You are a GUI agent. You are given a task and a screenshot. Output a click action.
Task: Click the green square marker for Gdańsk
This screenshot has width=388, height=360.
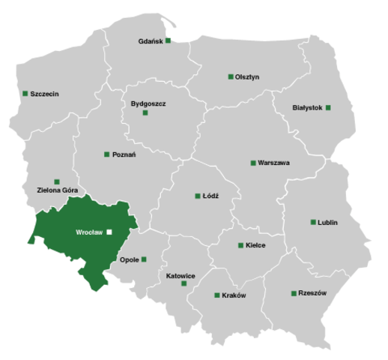pyautogui.click(x=169, y=40)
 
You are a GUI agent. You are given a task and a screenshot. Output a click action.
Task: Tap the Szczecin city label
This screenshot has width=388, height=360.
pyautogui.click(x=45, y=94)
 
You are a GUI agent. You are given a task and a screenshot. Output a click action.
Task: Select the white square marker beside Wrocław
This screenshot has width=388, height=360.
pyautogui.click(x=109, y=232)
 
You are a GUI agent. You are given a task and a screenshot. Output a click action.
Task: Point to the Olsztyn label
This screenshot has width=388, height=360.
pyautogui.click(x=247, y=76)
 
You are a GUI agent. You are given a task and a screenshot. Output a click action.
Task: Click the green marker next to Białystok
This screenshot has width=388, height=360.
pyautogui.click(x=328, y=108)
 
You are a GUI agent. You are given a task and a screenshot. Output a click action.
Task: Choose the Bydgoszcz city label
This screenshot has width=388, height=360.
pyautogui.click(x=148, y=102)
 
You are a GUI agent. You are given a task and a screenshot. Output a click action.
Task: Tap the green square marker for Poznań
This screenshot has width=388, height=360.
pyautogui.click(x=106, y=154)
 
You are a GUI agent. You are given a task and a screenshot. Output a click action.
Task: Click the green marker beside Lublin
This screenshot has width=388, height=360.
pyautogui.click(x=312, y=222)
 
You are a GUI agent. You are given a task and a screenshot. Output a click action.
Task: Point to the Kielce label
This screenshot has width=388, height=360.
pyautogui.click(x=255, y=245)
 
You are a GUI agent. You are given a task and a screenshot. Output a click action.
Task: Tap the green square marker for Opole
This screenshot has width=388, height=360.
pyautogui.click(x=144, y=259)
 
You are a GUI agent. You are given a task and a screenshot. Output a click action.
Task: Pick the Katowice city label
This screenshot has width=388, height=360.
pyautogui.click(x=181, y=275)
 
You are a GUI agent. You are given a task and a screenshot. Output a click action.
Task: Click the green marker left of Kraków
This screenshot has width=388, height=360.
pyautogui.click(x=216, y=295)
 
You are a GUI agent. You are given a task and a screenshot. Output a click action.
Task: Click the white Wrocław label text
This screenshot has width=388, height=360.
pyautogui.click(x=89, y=232)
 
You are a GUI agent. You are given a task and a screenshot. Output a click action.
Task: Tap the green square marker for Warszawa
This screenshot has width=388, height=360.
pyautogui.click(x=252, y=163)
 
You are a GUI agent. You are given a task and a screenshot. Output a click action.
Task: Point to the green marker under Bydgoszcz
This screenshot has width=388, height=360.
pyautogui.click(x=145, y=112)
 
